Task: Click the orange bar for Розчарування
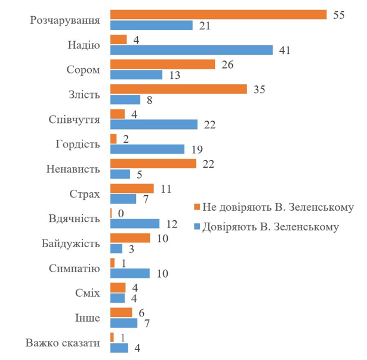coord(218,14)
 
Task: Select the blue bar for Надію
coord(192,50)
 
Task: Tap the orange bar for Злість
coord(178,89)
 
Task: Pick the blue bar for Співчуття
coord(154,124)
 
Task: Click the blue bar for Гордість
coord(147,149)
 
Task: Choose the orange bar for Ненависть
coord(153,164)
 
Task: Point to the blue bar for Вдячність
coord(135,223)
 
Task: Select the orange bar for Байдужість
coord(130,238)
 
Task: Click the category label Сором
coord(83,70)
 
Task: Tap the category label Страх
coord(84,194)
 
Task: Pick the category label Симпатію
coord(75,268)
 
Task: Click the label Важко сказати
coord(63,343)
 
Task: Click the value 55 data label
coord(339,15)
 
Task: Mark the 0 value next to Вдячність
coord(121,213)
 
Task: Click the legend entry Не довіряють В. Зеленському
coord(277,207)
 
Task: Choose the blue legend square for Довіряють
coord(197,227)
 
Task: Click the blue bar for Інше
coord(124,323)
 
